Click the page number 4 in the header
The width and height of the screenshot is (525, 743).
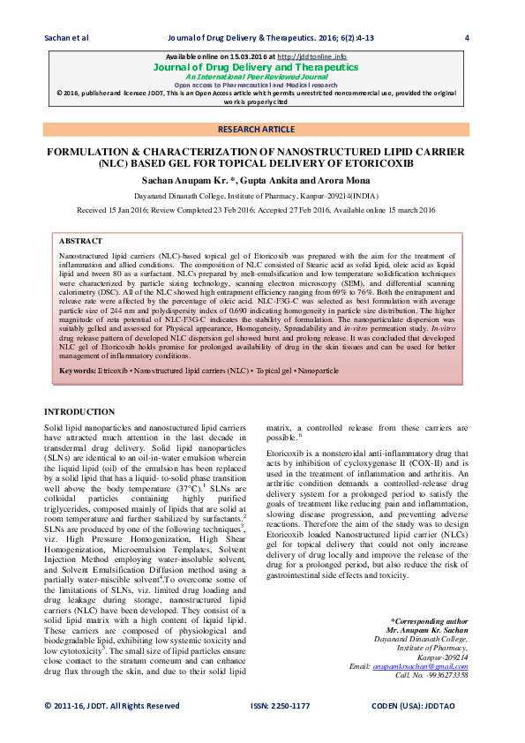[x=466, y=37]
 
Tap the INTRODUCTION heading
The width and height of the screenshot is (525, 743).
[x=79, y=412]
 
